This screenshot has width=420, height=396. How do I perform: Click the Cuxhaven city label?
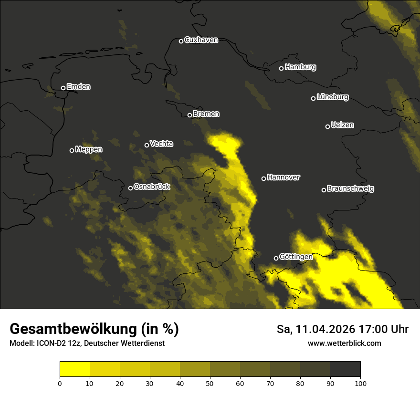pos(201,40)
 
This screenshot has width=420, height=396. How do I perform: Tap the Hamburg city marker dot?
pos(281,68)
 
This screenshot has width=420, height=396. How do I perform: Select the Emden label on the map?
pos(78,87)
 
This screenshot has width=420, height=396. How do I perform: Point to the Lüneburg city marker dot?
pos(313,98)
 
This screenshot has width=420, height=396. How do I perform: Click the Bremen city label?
pos(206,114)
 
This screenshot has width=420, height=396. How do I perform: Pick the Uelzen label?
pos(342,125)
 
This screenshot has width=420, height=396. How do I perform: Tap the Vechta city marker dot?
pos(147,145)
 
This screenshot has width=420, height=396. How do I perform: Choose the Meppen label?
pos(89,149)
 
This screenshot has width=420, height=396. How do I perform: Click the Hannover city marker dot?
pos(263,178)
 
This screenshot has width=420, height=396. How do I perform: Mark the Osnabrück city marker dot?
pos(130,188)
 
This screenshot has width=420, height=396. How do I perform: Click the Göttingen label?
pos(296,257)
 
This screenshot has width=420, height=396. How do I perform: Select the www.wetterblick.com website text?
pos(345,343)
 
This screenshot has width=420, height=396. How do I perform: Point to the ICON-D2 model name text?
pos(50,344)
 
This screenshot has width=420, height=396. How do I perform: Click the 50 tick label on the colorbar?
pos(210,383)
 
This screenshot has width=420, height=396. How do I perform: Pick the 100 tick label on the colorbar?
pos(360,383)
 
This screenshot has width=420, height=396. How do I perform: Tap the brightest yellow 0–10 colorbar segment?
pos(74,369)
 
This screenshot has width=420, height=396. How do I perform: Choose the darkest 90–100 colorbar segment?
pos(345,369)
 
